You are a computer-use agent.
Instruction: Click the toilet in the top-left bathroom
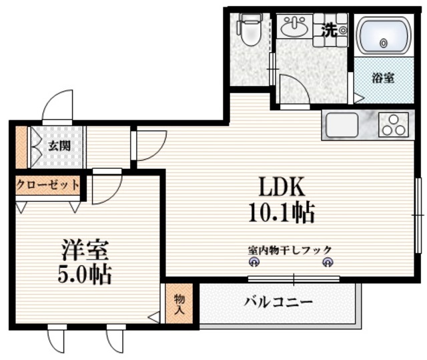248,31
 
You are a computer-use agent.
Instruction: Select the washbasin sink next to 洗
293,27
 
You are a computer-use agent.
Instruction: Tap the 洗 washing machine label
329,29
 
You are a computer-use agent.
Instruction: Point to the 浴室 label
382,78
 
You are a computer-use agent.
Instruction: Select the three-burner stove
392,125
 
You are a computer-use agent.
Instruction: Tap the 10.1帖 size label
281,212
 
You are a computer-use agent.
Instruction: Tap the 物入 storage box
179,305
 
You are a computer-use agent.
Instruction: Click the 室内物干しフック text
290,250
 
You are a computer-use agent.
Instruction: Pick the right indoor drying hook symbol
328,262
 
